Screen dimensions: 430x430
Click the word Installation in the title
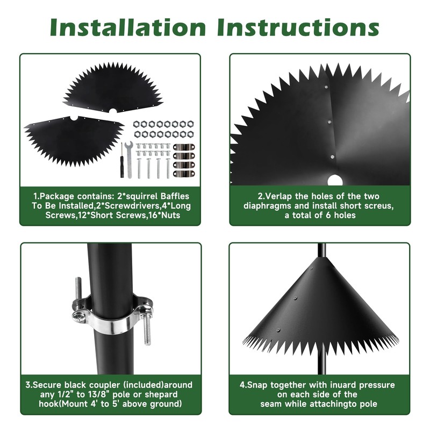pos(127,27)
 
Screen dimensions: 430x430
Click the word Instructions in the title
pos(298,27)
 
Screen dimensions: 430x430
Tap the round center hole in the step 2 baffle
pos(334,180)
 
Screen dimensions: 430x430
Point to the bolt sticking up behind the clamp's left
pos(78,288)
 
